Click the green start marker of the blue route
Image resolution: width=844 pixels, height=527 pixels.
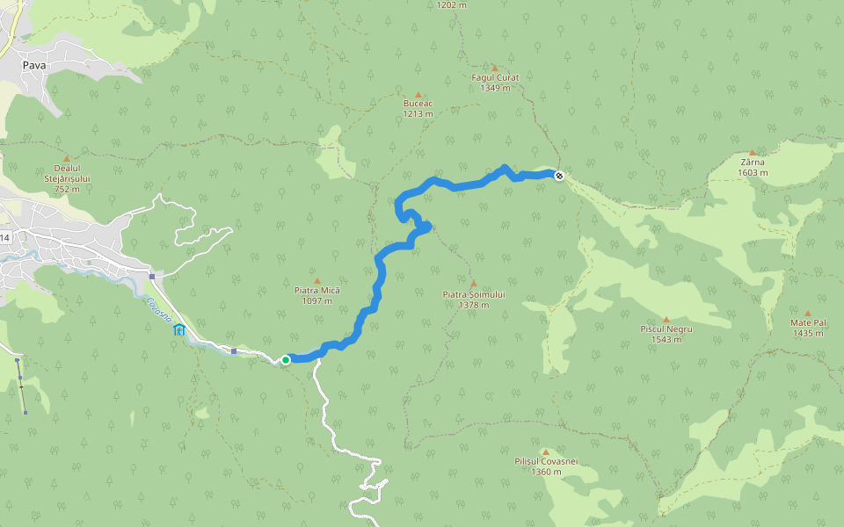click(x=286, y=359)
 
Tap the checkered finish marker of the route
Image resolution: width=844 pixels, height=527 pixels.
click(x=559, y=176)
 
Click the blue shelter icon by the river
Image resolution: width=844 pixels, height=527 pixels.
click(x=179, y=329)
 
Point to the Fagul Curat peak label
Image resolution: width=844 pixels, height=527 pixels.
click(x=495, y=78)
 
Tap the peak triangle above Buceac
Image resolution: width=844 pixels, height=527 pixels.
click(x=418, y=94)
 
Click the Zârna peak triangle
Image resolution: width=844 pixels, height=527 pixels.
click(x=752, y=152)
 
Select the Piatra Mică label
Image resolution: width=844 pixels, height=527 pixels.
click(x=317, y=291)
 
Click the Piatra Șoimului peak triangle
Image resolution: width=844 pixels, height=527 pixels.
click(x=473, y=284)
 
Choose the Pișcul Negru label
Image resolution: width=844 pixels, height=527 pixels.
click(x=666, y=329)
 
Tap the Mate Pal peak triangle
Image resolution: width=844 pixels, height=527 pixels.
click(x=807, y=312)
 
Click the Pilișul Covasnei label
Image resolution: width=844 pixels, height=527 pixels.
click(x=546, y=462)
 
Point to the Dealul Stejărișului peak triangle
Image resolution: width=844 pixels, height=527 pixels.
click(x=67, y=158)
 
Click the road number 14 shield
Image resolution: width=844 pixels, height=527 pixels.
click(x=5, y=238)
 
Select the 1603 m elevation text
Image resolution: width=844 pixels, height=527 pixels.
click(x=753, y=173)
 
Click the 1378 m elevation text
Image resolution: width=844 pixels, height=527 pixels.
click(x=473, y=306)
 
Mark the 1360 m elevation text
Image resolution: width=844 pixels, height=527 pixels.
click(x=546, y=473)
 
